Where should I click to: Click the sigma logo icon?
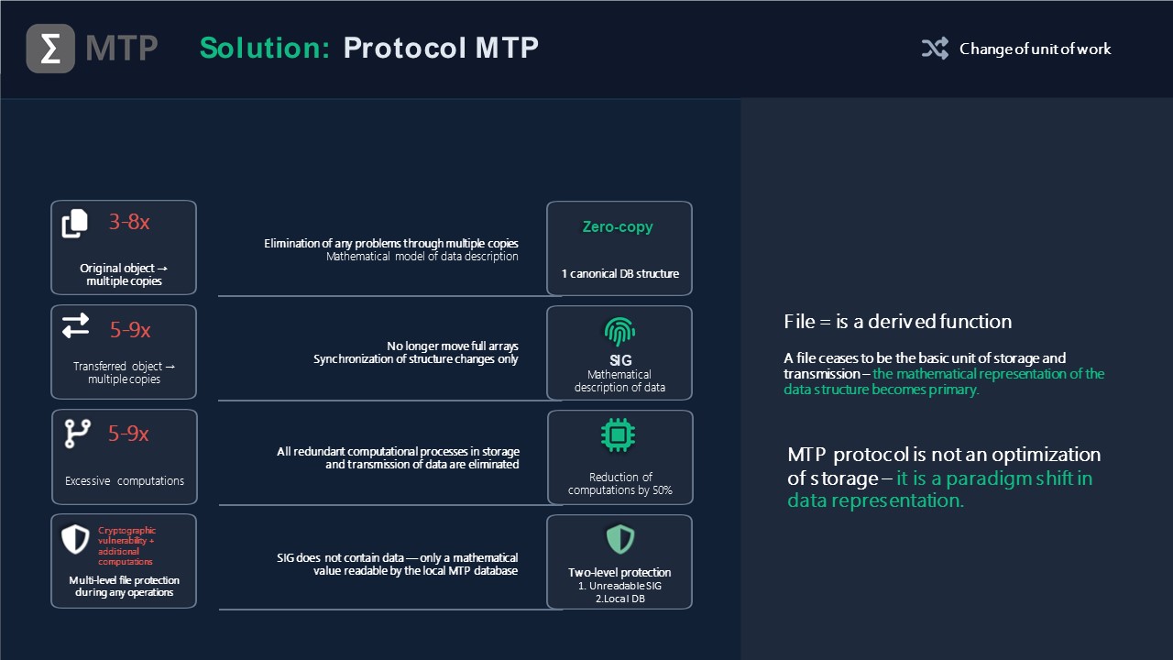[x=50, y=49]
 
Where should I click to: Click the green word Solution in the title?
[x=265, y=49]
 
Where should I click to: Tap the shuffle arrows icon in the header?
[x=936, y=49]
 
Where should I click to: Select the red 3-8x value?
[x=129, y=222]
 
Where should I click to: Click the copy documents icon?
[x=75, y=224]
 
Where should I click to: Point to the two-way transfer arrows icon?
[x=75, y=325]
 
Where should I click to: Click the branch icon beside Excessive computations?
[x=78, y=434]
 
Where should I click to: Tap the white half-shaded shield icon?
[x=75, y=539]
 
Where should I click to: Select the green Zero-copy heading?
[x=618, y=226]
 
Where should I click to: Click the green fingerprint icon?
[x=620, y=332]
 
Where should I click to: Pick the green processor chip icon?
[x=619, y=434]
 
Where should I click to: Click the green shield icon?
[x=620, y=539]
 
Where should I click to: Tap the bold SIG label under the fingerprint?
[x=620, y=360]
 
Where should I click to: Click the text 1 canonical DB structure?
[x=620, y=274]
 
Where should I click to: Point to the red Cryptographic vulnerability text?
[x=126, y=545]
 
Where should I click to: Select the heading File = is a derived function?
[x=897, y=322]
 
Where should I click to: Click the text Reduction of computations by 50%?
[x=620, y=483]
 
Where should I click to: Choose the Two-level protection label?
[x=619, y=573]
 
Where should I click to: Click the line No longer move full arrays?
[x=453, y=346]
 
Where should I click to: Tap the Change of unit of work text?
[x=1035, y=49]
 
